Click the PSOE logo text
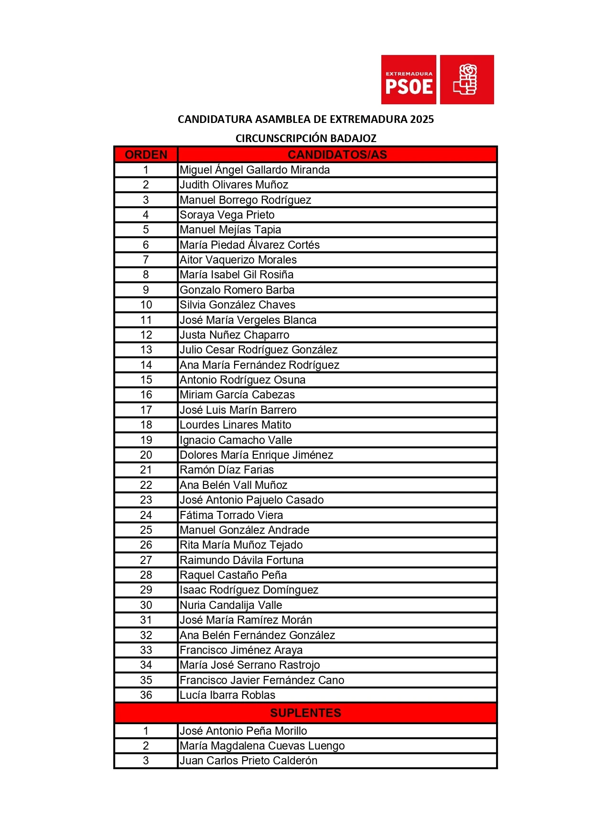coord(409,87)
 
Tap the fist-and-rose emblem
coord(466,79)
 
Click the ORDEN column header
coord(146,155)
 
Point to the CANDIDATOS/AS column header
coord(337,155)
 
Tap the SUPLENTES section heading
coord(305,713)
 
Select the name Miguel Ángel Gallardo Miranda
coord(255,170)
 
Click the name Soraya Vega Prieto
coord(227,215)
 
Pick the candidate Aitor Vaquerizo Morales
coord(238,260)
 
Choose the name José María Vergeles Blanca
coord(248,320)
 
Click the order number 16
coord(146,395)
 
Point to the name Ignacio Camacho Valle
coord(236,440)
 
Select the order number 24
coord(146,515)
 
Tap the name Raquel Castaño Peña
coord(233,575)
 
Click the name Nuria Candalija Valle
coord(231,605)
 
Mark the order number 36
coord(146,695)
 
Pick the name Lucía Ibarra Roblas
coord(227,695)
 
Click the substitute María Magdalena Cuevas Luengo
coord(262,746)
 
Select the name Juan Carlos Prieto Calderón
coord(248,761)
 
